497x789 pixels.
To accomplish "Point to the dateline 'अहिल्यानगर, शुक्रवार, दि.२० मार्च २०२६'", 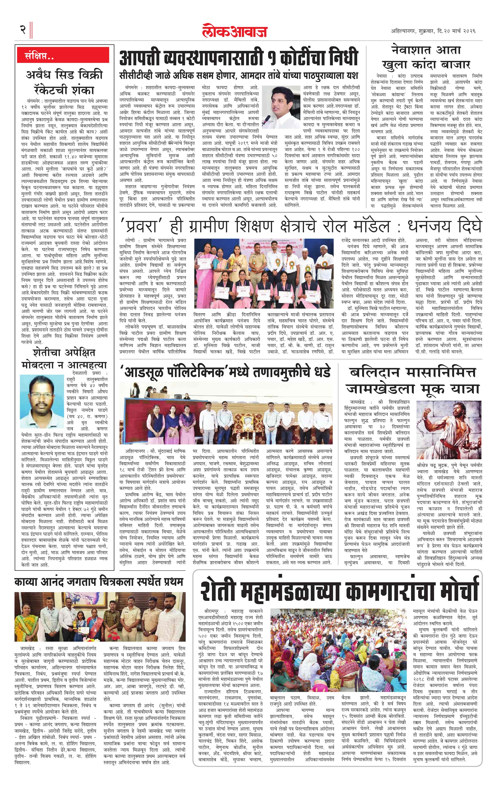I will pos(433,31).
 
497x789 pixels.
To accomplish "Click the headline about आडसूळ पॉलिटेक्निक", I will pos(227,373).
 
